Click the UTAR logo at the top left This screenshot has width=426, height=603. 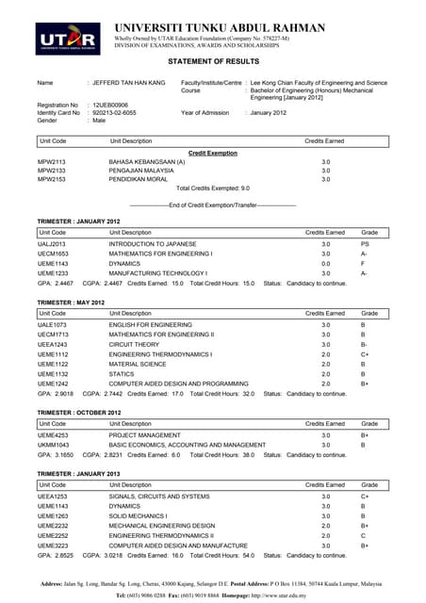(69, 37)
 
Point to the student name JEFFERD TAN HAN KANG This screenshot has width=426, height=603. (128, 83)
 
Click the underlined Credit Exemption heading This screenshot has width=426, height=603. (213, 153)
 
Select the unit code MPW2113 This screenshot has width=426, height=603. (52, 162)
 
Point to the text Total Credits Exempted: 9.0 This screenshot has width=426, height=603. (213, 188)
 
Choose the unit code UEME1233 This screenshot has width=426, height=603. (53, 272)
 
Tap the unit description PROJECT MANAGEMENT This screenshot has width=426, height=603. (147, 435)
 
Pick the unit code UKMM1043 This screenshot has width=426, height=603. (53, 445)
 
